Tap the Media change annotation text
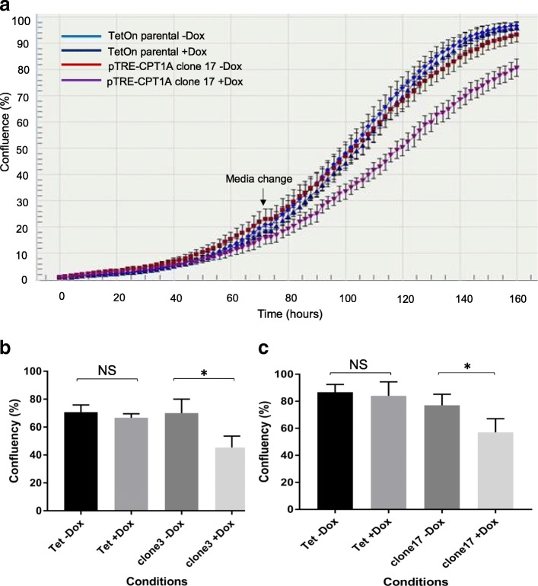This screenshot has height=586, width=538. (x=258, y=179)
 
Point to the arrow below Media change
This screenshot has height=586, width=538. (x=263, y=196)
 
